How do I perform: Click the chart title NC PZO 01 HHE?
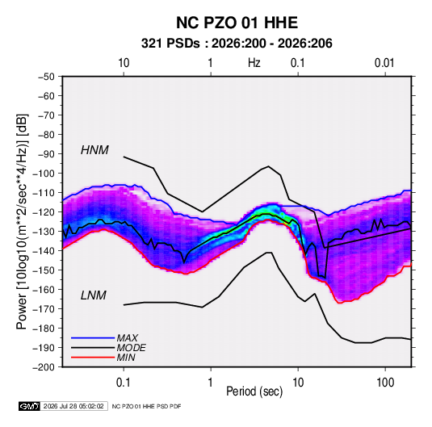click(x=237, y=23)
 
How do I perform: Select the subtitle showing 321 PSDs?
click(x=237, y=44)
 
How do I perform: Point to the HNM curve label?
click(x=94, y=150)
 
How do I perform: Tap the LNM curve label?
click(x=94, y=295)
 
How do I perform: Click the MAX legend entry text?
click(x=127, y=337)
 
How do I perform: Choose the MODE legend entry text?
click(x=131, y=348)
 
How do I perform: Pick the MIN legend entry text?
click(x=126, y=358)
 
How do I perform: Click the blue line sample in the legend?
click(x=93, y=337)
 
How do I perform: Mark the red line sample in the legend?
click(x=93, y=358)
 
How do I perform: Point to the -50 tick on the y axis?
click(x=46, y=77)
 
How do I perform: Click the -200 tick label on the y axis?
click(x=44, y=367)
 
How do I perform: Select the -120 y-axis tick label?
click(x=44, y=212)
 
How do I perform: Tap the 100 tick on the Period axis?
click(x=385, y=383)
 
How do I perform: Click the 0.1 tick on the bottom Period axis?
click(x=124, y=383)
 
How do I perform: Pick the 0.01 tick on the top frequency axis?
click(x=384, y=63)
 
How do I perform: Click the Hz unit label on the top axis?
click(x=254, y=63)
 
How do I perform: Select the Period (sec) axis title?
click(x=254, y=391)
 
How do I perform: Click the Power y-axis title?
click(x=22, y=222)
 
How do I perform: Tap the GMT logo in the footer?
click(x=30, y=406)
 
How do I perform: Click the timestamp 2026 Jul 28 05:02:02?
click(x=73, y=406)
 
